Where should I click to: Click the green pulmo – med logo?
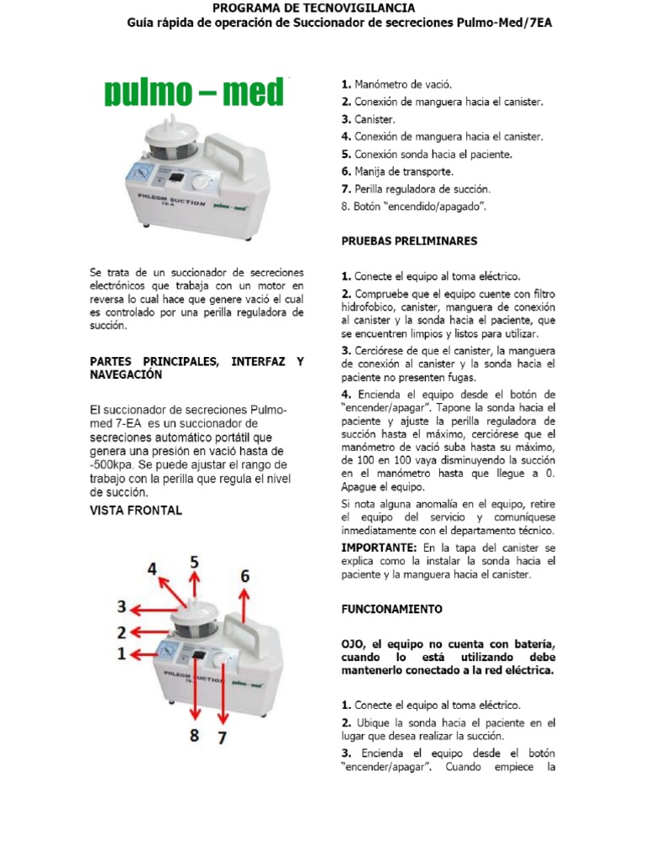pyautogui.click(x=194, y=93)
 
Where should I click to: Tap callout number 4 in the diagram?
pyautogui.click(x=152, y=569)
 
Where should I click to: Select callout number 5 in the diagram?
pyautogui.click(x=194, y=562)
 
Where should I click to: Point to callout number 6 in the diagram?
pyautogui.click(x=244, y=576)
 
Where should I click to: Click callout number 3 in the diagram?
pyautogui.click(x=122, y=606)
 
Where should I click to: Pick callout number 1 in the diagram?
pyautogui.click(x=122, y=653)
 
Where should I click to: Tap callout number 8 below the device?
pyautogui.click(x=194, y=735)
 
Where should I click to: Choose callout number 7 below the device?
pyautogui.click(x=223, y=738)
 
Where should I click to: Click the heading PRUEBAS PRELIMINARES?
pyautogui.click(x=409, y=241)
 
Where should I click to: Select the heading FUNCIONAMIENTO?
pyautogui.click(x=391, y=608)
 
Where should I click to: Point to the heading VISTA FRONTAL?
pyautogui.click(x=135, y=510)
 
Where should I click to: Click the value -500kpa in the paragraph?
pyautogui.click(x=115, y=464)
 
